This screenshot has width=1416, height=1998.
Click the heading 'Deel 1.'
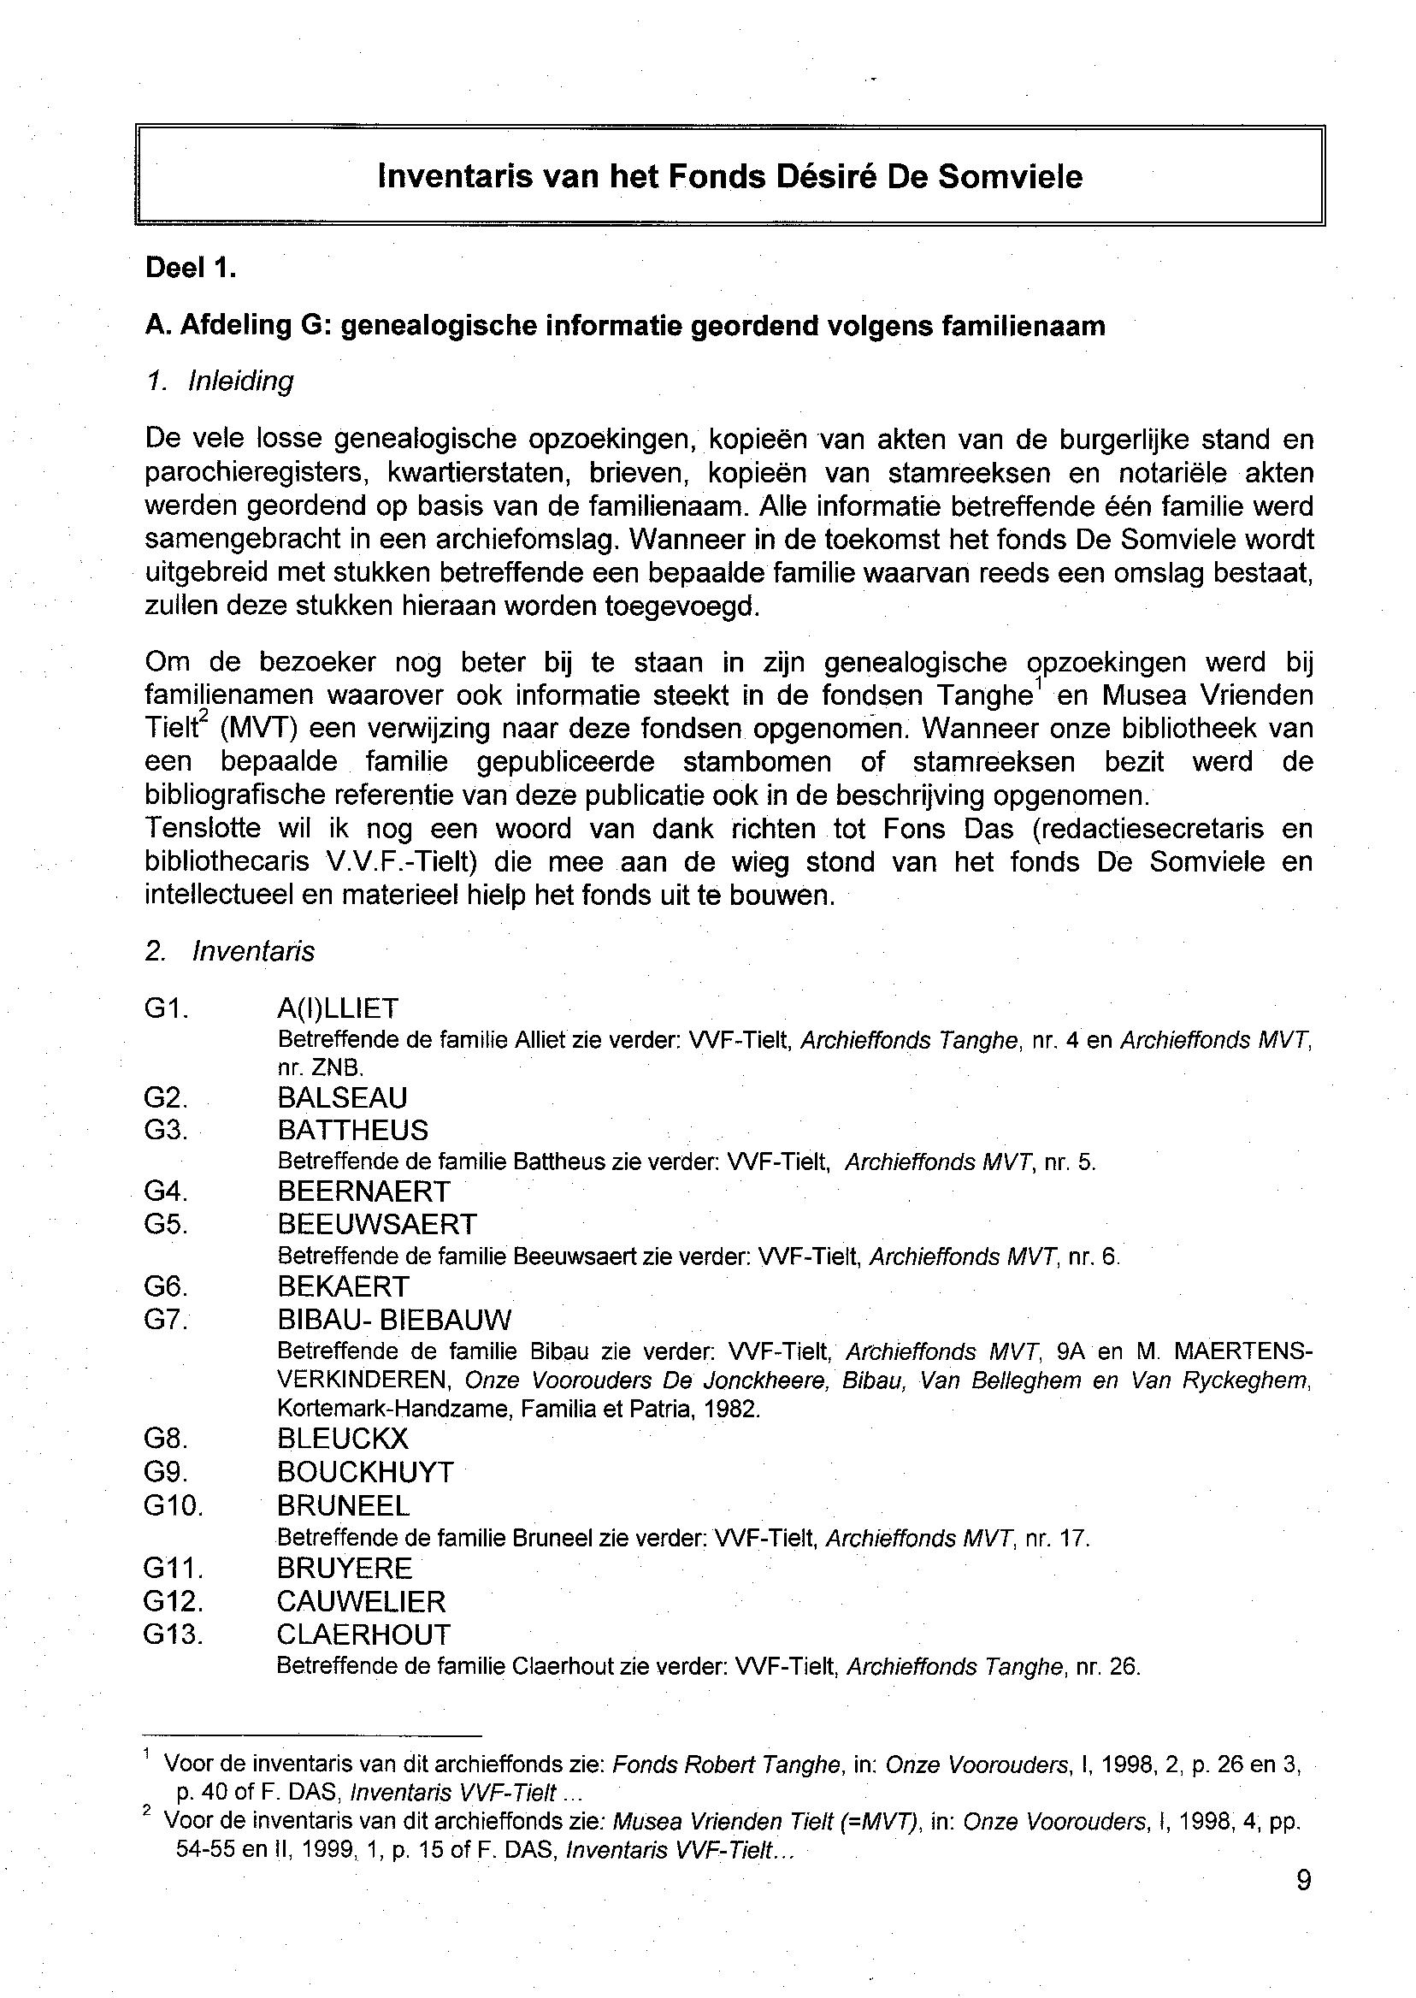coord(190,268)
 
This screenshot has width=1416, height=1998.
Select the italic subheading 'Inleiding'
coord(239,381)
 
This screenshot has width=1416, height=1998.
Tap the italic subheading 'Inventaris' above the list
coord(252,951)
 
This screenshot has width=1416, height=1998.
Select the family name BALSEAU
coord(342,1098)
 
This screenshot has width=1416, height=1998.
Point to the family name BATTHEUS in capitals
coord(352,1131)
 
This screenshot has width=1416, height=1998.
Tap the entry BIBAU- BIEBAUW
coord(394,1320)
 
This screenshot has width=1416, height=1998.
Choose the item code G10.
coord(172,1506)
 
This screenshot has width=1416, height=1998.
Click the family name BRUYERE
coord(344,1569)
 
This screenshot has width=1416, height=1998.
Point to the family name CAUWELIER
coord(361,1602)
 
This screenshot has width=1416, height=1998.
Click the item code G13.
coord(172,1634)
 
